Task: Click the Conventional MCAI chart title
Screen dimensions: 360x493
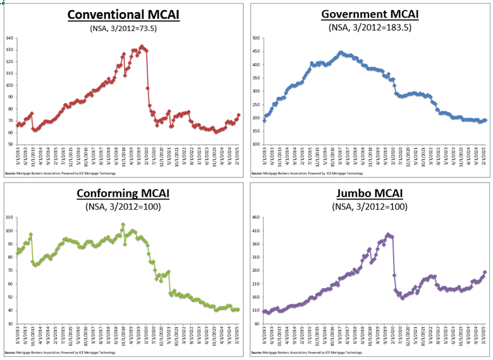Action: tap(123, 14)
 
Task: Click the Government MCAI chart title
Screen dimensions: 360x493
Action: tap(370, 14)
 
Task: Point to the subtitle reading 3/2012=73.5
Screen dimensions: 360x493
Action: tap(123, 27)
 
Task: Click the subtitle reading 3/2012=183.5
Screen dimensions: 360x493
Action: tap(370, 27)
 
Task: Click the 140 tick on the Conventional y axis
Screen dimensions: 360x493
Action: tap(9, 38)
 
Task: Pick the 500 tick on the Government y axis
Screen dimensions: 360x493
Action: tap(256, 38)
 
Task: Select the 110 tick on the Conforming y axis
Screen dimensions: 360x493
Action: tap(9, 217)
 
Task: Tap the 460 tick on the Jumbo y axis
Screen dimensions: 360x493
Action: tap(256, 217)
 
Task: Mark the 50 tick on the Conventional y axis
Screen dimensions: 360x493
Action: tap(10, 144)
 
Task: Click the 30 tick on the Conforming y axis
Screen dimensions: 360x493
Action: tap(10, 323)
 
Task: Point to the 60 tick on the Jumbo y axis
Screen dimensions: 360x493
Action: tap(257, 323)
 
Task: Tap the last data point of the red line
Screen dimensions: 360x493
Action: tap(238, 115)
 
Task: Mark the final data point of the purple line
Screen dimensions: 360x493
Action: tap(485, 272)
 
